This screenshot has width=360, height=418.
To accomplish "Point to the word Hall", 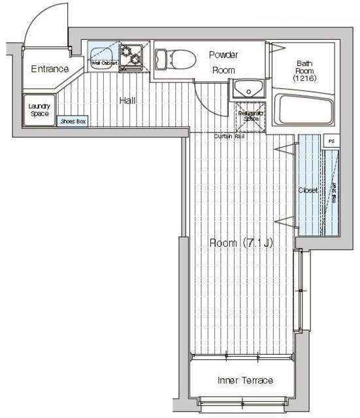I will click(x=127, y=101).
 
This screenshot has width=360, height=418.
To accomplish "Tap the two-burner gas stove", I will click(x=133, y=56).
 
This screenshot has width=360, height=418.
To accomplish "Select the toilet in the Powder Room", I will click(x=176, y=59).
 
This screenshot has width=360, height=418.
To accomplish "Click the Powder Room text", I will click(x=223, y=62).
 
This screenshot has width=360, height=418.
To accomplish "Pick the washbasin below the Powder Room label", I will click(x=247, y=88).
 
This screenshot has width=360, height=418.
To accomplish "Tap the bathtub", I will click(x=304, y=109).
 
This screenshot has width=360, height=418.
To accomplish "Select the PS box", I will click(x=332, y=140).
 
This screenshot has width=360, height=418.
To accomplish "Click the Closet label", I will click(x=308, y=191).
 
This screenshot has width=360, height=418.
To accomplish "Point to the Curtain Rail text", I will click(x=229, y=136).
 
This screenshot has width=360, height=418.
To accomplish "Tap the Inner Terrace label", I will click(x=244, y=380).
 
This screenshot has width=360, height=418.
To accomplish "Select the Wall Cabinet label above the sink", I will click(x=104, y=63).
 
